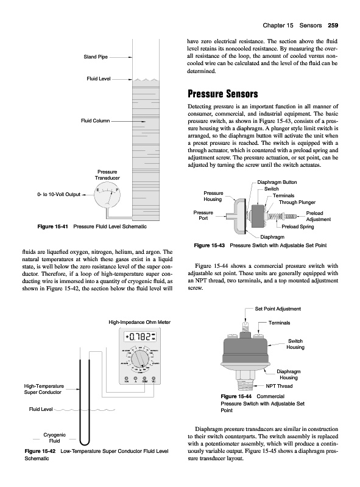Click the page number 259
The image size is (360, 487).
tap(333, 26)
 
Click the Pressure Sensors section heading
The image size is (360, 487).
tap(222, 94)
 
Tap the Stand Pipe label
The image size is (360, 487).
tap(96, 57)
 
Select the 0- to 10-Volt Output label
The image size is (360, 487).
tap(58, 194)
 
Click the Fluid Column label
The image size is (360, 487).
tap(95, 121)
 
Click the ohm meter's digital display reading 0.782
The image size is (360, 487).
tap(140, 337)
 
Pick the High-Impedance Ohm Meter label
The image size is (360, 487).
tap(139, 322)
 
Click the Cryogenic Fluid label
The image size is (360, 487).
tap(54, 438)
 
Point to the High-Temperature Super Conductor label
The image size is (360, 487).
tap(44, 389)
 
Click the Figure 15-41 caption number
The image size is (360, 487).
tap(52, 226)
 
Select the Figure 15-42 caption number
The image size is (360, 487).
tap(40, 451)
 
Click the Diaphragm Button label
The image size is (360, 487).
tap(277, 182)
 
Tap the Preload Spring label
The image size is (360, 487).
tap(297, 226)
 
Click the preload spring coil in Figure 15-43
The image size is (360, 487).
tap(276, 216)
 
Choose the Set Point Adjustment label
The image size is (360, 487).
tap(278, 309)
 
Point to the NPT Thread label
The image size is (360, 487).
tap(279, 386)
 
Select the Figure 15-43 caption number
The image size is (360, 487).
tap(209, 245)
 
